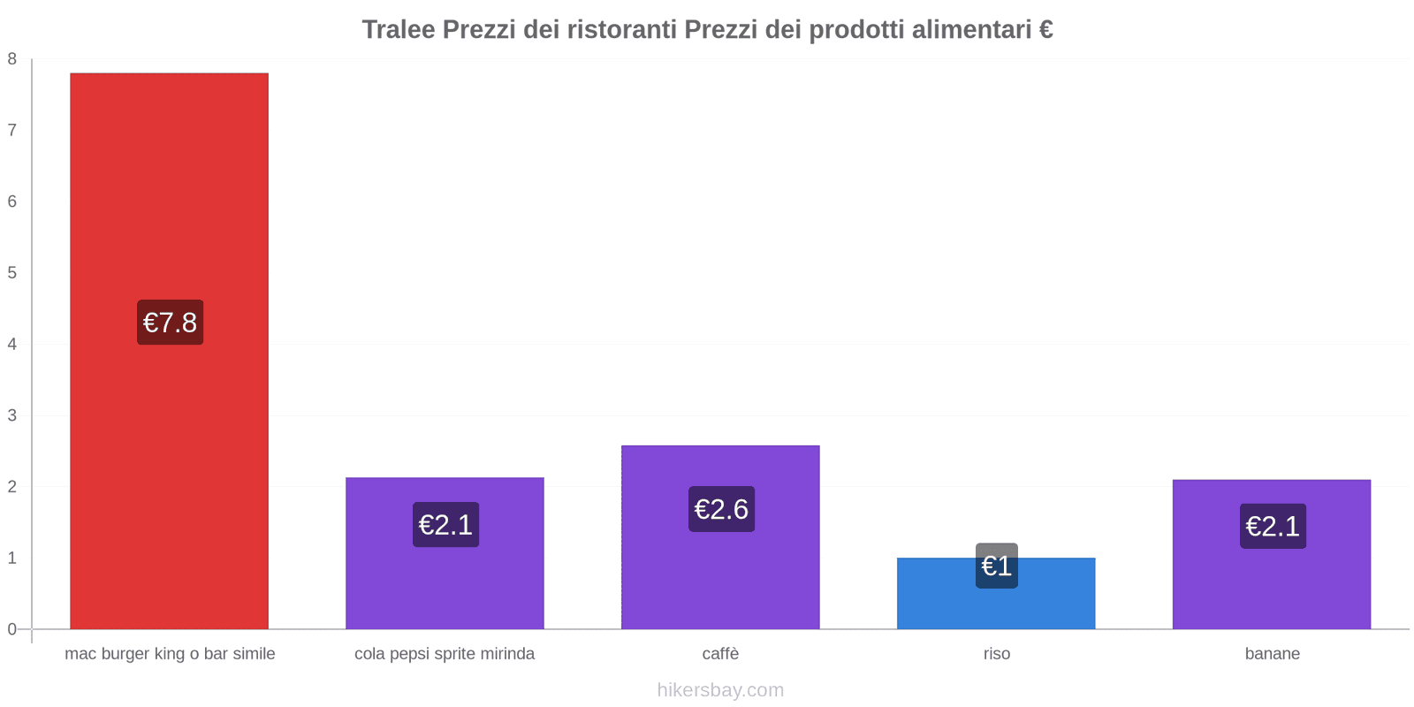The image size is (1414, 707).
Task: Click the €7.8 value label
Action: (170, 323)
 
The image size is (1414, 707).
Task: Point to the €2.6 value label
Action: (721, 509)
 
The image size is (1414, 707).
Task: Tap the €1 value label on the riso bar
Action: (996, 566)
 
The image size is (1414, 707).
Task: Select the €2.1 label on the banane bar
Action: (1273, 526)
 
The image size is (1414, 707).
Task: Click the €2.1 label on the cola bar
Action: (445, 525)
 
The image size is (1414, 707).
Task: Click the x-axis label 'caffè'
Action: (720, 654)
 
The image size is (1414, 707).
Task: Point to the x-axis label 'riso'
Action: (996, 654)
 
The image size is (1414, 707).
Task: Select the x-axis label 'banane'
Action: (1272, 654)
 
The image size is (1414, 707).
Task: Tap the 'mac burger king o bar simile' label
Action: (170, 654)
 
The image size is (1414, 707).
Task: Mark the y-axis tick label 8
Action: (12, 59)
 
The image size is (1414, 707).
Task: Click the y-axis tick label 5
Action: (12, 273)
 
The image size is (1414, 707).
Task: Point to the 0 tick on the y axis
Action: (12, 629)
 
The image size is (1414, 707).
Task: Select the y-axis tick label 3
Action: (12, 415)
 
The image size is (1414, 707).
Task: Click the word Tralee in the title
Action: (399, 29)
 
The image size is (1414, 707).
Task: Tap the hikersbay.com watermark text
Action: (720, 690)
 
